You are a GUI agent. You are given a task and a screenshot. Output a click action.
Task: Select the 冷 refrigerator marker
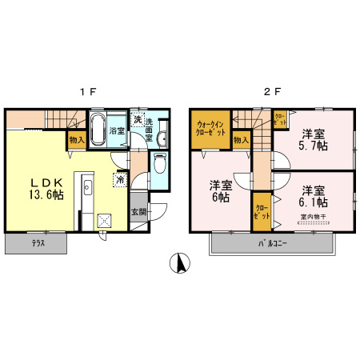[x=120, y=180]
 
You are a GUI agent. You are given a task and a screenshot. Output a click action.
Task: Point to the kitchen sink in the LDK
[x=87, y=190]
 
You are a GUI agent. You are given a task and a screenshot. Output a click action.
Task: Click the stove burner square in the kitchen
[x=105, y=221]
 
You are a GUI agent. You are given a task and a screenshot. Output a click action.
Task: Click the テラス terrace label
[x=38, y=242]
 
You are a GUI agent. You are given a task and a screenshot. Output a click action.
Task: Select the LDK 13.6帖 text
[x=36, y=186]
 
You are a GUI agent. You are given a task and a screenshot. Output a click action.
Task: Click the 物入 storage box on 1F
[x=77, y=140]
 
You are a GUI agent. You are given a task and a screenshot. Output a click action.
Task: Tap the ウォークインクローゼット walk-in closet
[x=210, y=128]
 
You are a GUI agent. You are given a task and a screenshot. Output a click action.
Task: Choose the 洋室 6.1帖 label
[x=314, y=197]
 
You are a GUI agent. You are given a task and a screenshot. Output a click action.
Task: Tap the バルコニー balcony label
[x=272, y=242]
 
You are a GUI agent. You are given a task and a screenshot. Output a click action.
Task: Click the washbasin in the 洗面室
[x=162, y=138]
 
